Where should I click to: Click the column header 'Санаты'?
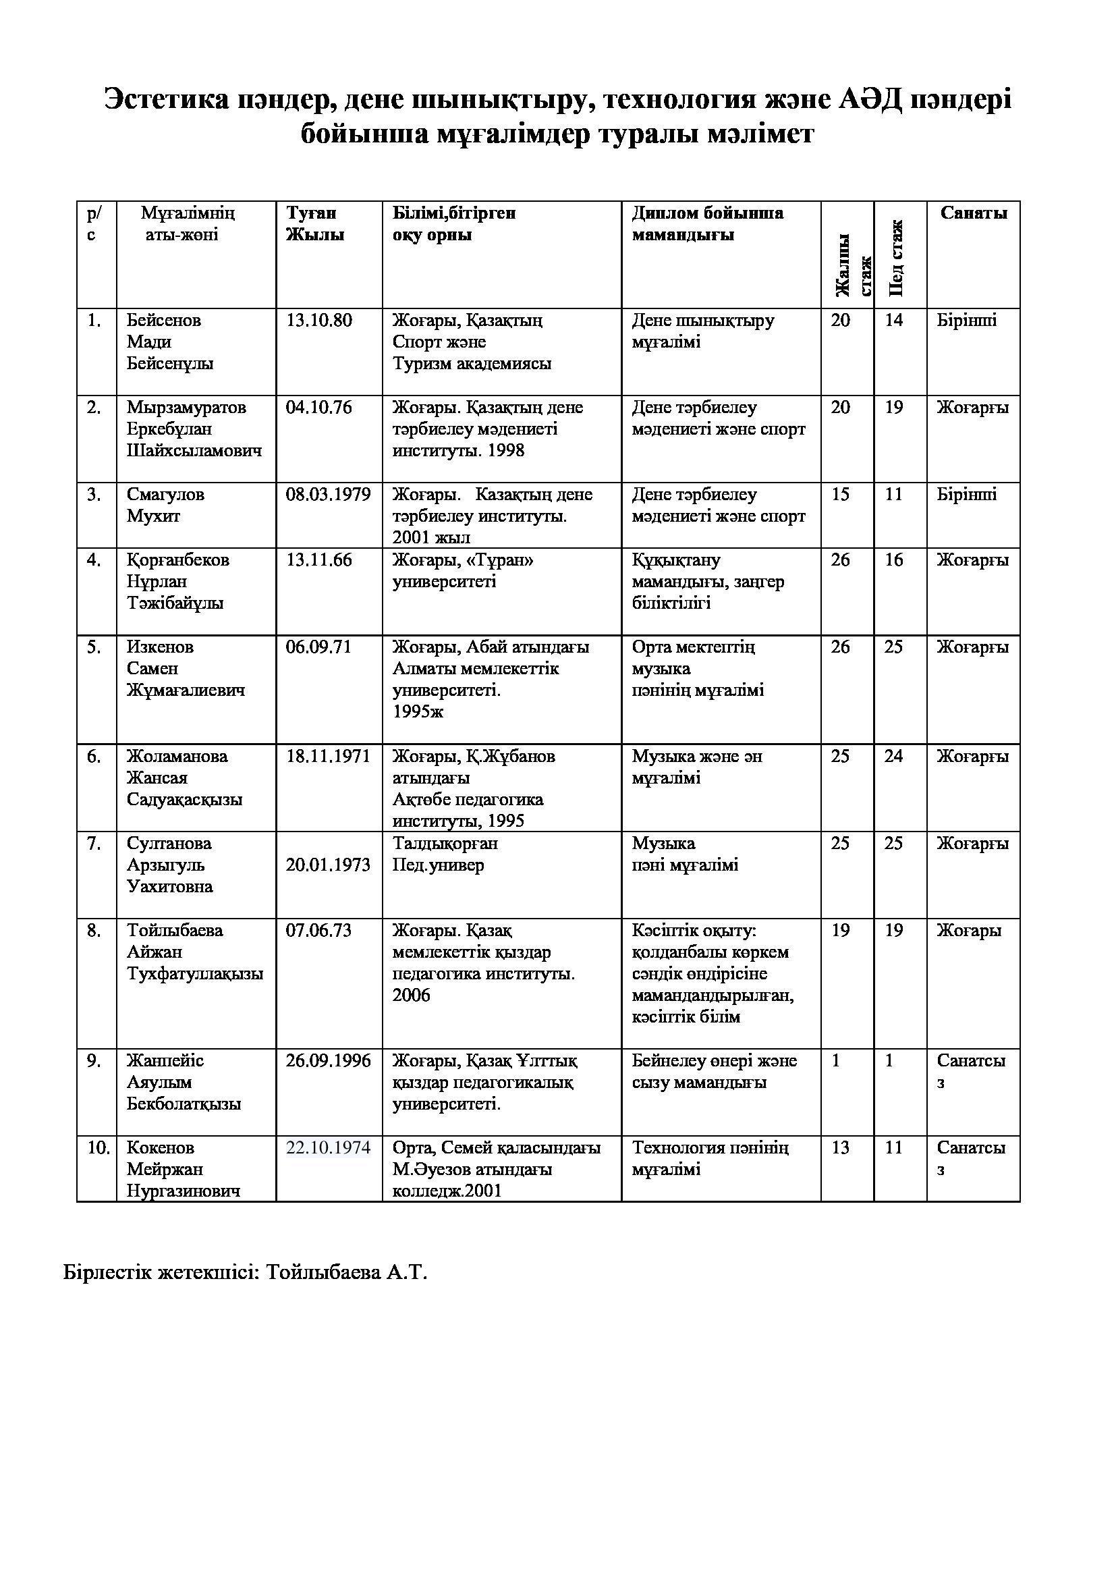pos(973,213)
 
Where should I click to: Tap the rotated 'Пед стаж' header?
pos(895,259)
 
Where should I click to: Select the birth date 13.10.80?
pos(319,321)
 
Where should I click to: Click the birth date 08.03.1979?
pos(328,495)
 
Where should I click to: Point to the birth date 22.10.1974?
pos(328,1148)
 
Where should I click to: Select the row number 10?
pos(98,1148)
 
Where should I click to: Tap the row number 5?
pos(94,647)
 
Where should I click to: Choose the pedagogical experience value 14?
pos(893,321)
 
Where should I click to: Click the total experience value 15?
pos(840,495)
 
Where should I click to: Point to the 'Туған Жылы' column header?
pos(314,224)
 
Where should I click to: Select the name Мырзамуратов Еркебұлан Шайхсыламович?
pos(194,429)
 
